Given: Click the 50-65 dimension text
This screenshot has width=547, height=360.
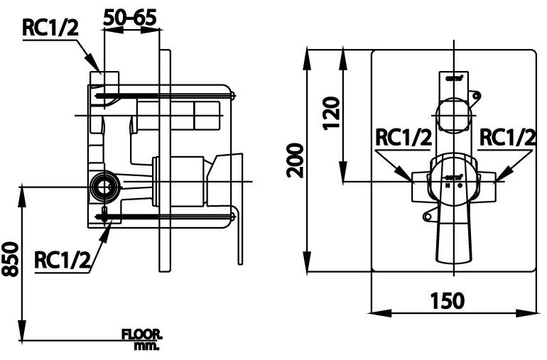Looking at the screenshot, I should click(x=131, y=16).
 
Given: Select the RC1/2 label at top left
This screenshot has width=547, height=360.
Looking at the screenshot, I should click(x=50, y=28).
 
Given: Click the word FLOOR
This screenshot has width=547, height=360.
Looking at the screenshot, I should click(x=141, y=334).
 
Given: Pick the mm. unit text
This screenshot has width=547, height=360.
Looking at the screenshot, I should click(x=146, y=346).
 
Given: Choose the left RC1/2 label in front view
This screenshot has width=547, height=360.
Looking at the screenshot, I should click(x=403, y=137).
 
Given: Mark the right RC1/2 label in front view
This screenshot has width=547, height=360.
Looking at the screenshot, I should click(x=506, y=137).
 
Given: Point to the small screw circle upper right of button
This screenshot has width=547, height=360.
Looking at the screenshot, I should click(x=477, y=94).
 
